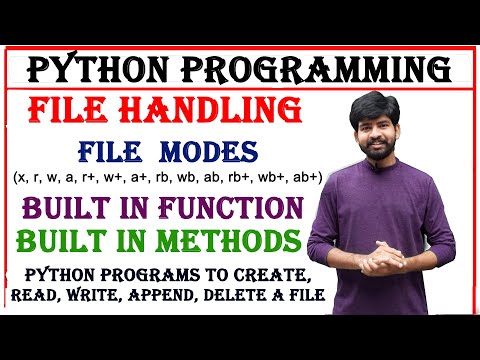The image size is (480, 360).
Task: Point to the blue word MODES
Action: pos(211,152)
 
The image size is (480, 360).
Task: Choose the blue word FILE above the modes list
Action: pos(113,152)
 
